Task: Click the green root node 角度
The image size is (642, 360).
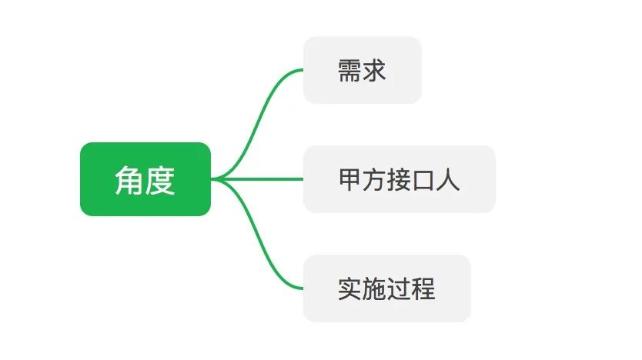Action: (x=145, y=179)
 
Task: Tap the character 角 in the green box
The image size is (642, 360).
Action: (x=129, y=180)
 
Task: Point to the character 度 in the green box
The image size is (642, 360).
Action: (x=160, y=180)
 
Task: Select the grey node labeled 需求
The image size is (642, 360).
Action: (x=362, y=70)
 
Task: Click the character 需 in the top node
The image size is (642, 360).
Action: (x=349, y=71)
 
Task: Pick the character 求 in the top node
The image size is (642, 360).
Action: (x=374, y=71)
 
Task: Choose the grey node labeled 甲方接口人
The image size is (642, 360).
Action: (x=399, y=179)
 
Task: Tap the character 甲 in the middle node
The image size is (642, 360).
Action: (x=350, y=180)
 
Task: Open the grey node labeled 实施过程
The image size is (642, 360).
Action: (x=386, y=288)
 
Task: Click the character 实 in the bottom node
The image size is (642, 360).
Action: (x=350, y=289)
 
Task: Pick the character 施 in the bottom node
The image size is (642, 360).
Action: (x=375, y=289)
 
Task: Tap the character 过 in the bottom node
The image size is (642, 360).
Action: (x=399, y=289)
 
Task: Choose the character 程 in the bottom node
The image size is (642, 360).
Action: (x=423, y=289)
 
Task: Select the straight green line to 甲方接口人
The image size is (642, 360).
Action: (x=262, y=179)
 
